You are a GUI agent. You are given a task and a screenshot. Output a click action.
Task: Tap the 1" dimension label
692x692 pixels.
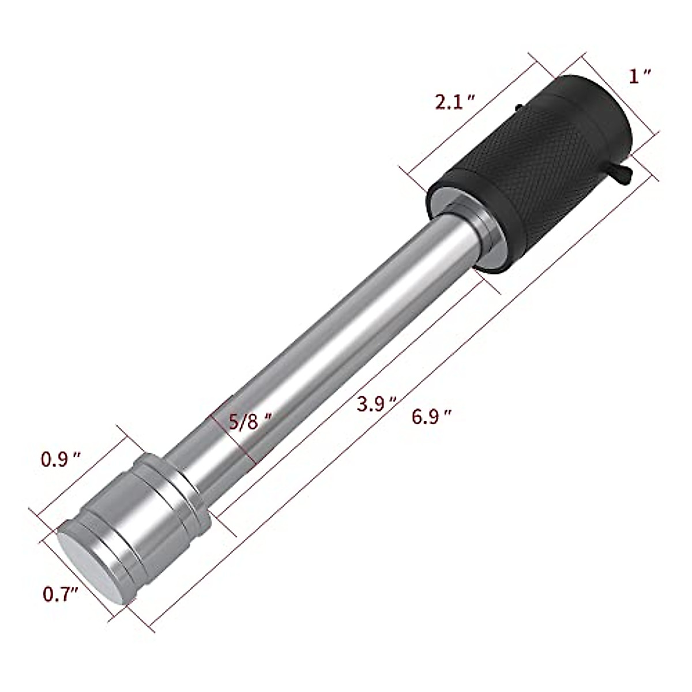click(640, 76)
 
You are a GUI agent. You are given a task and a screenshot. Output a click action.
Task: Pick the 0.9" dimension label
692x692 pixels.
click(60, 459)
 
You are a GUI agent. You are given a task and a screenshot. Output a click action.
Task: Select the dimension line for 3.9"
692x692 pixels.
click(346, 398)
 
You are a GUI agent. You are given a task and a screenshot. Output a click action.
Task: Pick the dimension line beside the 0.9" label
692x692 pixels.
click(86, 470)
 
